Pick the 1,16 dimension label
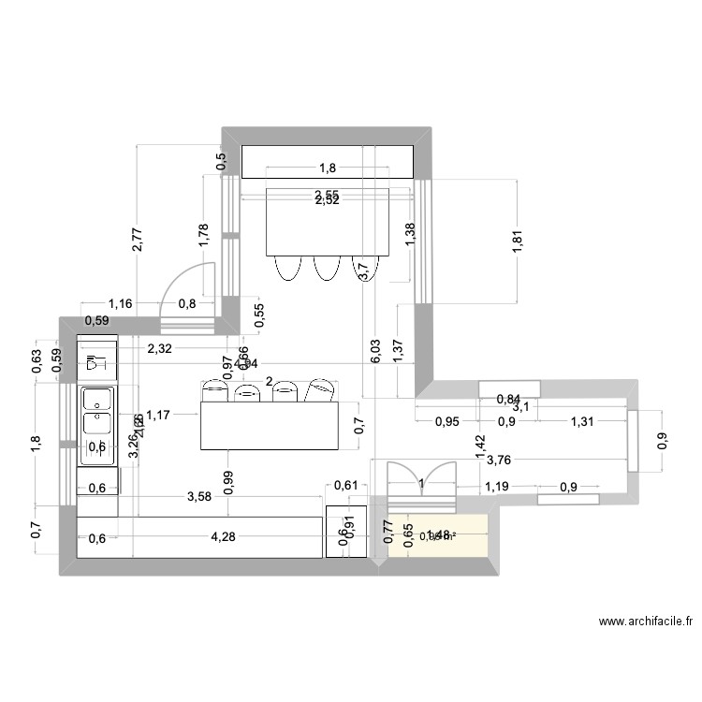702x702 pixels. pyautogui.click(x=121, y=303)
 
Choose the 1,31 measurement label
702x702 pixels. pyautogui.click(x=582, y=421)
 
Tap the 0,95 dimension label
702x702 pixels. pyautogui.click(x=447, y=421)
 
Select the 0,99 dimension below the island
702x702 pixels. pyautogui.click(x=227, y=480)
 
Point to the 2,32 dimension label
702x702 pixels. pyautogui.click(x=160, y=349)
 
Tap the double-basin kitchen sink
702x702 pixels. pyautogui.click(x=96, y=411)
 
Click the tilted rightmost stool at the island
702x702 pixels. pyautogui.click(x=321, y=389)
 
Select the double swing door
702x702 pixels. pyautogui.click(x=420, y=484)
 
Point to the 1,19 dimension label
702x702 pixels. pyautogui.click(x=497, y=486)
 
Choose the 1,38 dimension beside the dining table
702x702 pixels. pyautogui.click(x=409, y=234)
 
